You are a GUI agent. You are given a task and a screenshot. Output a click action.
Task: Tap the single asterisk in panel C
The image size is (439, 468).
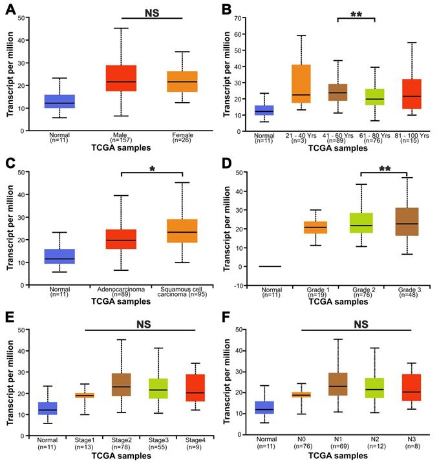pos(151,167)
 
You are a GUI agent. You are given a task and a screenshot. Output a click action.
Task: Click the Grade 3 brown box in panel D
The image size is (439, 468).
pos(405,225)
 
